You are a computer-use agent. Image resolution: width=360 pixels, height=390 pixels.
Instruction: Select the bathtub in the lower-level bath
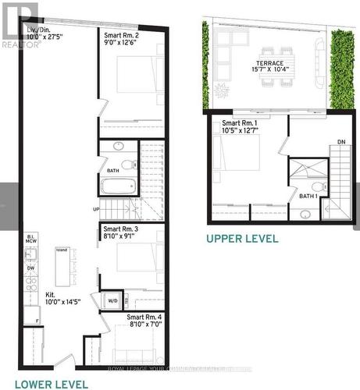click(x=119, y=187)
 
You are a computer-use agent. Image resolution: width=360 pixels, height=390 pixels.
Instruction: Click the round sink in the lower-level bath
click(x=118, y=146)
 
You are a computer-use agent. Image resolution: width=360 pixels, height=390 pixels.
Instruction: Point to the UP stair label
click(x=95, y=209)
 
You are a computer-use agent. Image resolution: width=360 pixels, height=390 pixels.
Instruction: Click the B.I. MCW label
click(x=31, y=239)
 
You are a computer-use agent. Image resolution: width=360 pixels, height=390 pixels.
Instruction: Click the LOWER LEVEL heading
click(x=51, y=383)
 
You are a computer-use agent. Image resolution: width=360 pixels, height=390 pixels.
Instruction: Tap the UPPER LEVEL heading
click(x=242, y=238)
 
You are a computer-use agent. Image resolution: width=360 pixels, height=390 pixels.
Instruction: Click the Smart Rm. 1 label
click(x=239, y=127)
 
